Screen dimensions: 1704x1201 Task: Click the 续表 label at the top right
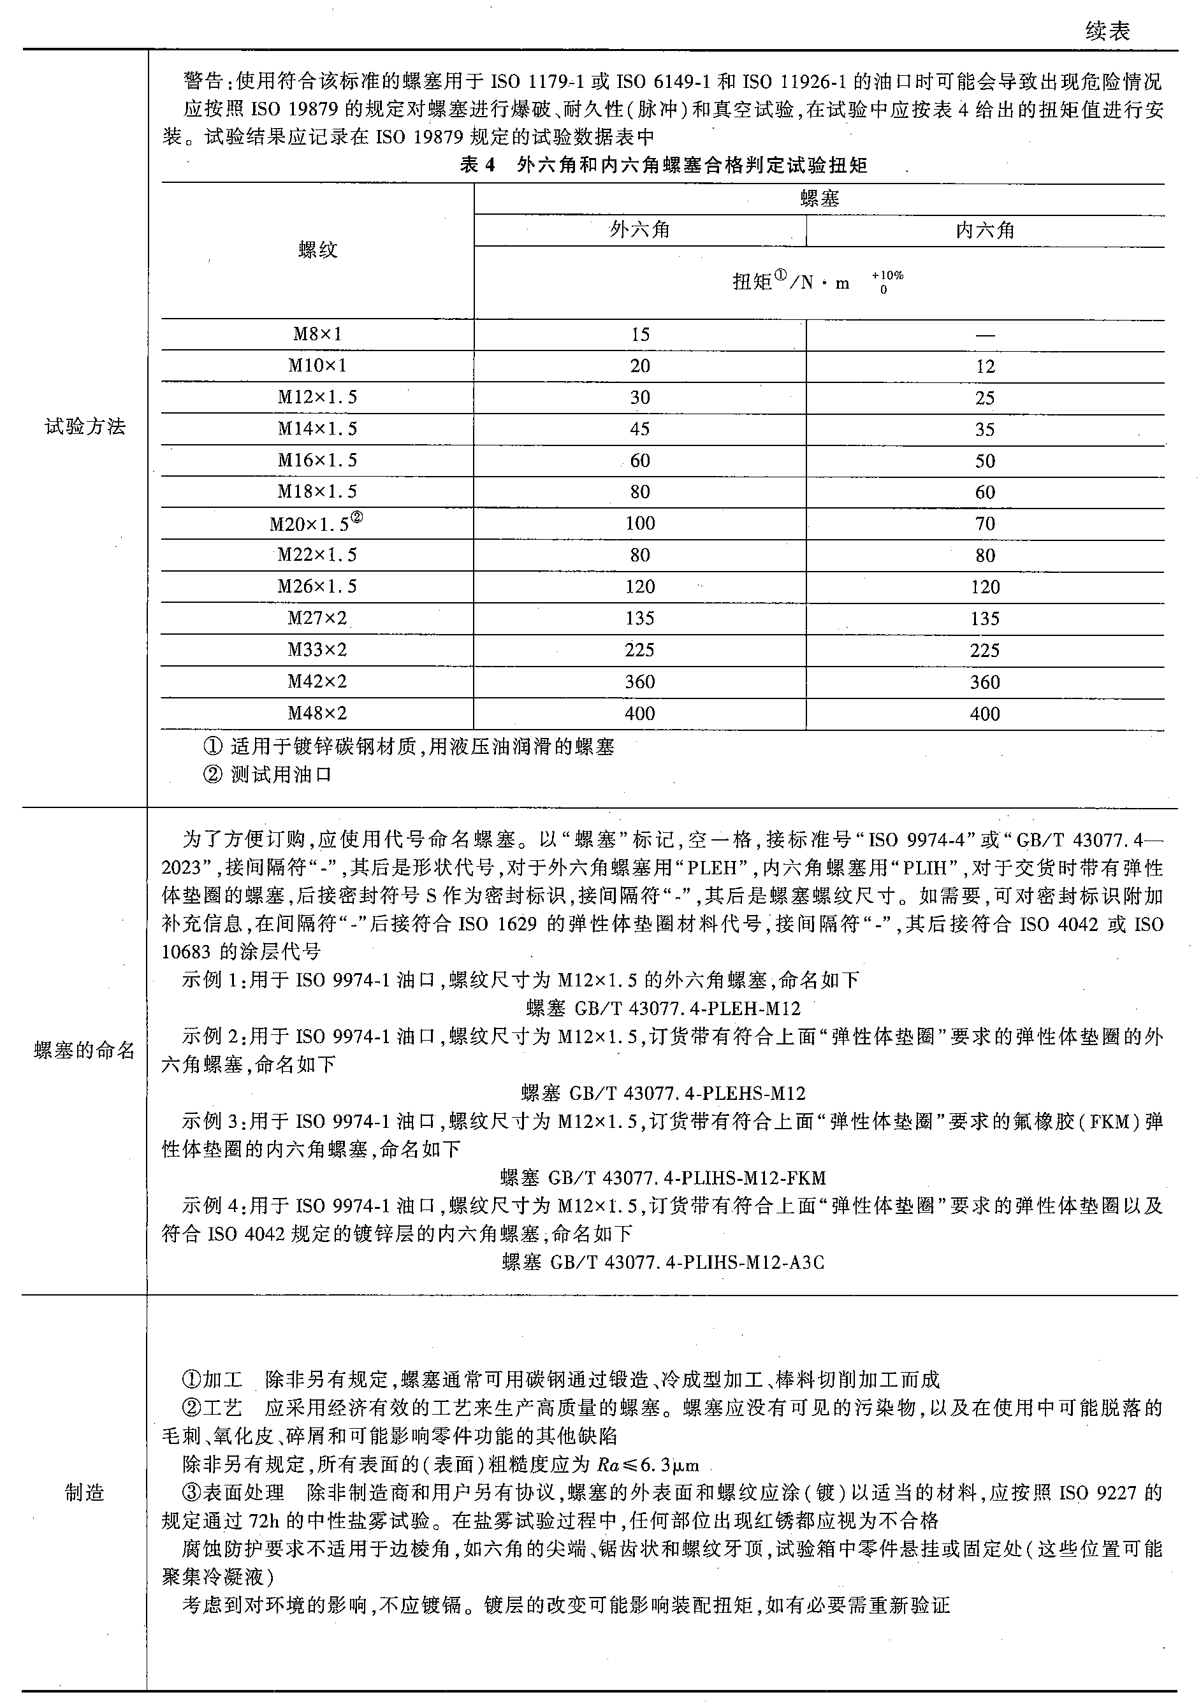coord(1107,31)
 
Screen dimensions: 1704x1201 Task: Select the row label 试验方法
coord(85,427)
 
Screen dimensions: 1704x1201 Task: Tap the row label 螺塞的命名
coord(85,1050)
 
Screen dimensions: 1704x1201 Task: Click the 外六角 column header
coord(640,230)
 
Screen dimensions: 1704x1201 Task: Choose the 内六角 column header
coord(985,230)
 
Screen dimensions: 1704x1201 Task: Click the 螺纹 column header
coord(317,249)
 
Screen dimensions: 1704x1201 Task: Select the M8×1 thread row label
coord(317,334)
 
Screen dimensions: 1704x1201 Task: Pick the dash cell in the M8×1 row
coord(985,335)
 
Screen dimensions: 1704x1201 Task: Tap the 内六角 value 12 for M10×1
coord(985,366)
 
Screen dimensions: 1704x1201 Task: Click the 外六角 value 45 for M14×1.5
coord(640,429)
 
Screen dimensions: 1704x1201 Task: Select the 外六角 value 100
coord(640,523)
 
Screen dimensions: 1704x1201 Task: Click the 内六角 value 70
coord(985,524)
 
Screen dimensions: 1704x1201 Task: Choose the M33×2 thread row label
coord(317,650)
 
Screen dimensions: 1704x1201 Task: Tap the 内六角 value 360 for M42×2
coord(985,682)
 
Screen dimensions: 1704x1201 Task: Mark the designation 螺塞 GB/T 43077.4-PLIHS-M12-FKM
coord(663,1178)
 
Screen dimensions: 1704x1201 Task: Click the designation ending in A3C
coord(663,1262)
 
